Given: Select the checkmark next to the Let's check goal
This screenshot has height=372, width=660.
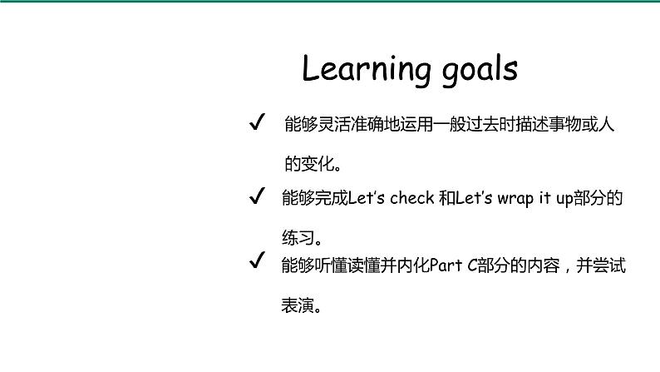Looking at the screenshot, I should [257, 197].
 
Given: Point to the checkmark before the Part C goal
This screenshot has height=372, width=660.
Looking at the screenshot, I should [257, 263].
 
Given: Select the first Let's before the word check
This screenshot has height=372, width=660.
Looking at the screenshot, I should [368, 198].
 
